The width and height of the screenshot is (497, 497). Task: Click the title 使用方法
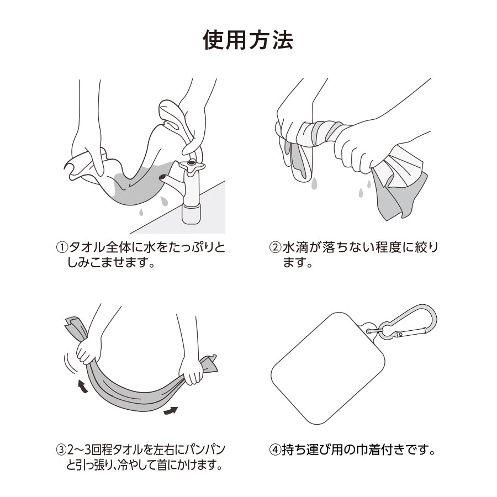pos(248,40)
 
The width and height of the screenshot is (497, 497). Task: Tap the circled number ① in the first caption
pos(62,247)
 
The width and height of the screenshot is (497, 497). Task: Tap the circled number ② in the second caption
pos(275,247)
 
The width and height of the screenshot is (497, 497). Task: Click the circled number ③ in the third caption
pos(61,450)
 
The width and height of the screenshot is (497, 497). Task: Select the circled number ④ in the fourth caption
pos(275,450)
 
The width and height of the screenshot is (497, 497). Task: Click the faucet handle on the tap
pos(192,166)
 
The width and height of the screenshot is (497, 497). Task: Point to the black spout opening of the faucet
pos(162,177)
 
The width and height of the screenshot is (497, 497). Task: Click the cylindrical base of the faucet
pos(192,214)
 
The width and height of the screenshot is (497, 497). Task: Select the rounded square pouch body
pos(327,368)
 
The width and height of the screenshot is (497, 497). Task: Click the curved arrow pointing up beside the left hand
pos(83,387)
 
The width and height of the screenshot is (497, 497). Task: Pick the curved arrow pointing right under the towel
pos(170,410)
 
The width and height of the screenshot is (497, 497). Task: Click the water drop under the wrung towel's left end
pos(314,183)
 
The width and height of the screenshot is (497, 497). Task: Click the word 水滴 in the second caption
pos(294,247)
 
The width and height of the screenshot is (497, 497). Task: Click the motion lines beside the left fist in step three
pos(69,363)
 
